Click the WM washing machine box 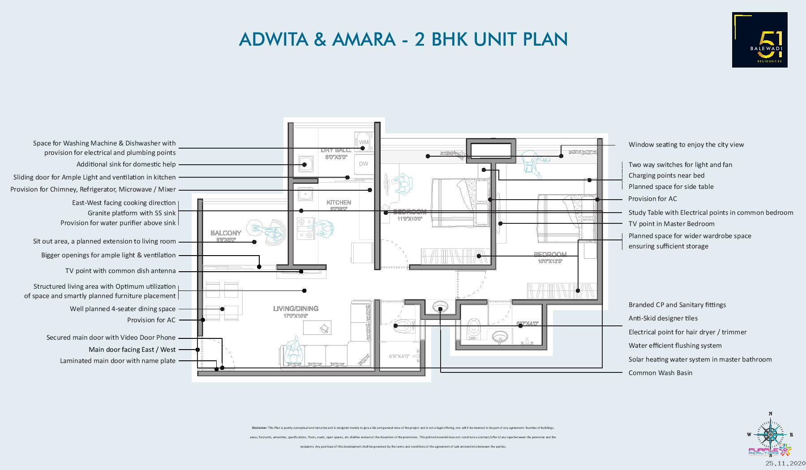pos(363,142)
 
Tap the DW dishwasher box pos(364,164)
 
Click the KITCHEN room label pos(339,202)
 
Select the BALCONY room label pos(226,233)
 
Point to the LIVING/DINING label pos(296,308)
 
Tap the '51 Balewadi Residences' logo pos(759,40)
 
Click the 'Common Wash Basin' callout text pos(660,373)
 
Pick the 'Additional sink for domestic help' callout pos(126,164)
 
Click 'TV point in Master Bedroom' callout pos(671,224)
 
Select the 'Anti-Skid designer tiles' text pos(663,318)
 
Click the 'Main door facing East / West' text pos(132,350)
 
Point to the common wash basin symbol pos(440,307)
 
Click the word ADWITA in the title pos(273,39)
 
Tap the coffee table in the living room pos(317,328)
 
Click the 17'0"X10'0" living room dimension pos(296,316)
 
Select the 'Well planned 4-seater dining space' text pos(123,309)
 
